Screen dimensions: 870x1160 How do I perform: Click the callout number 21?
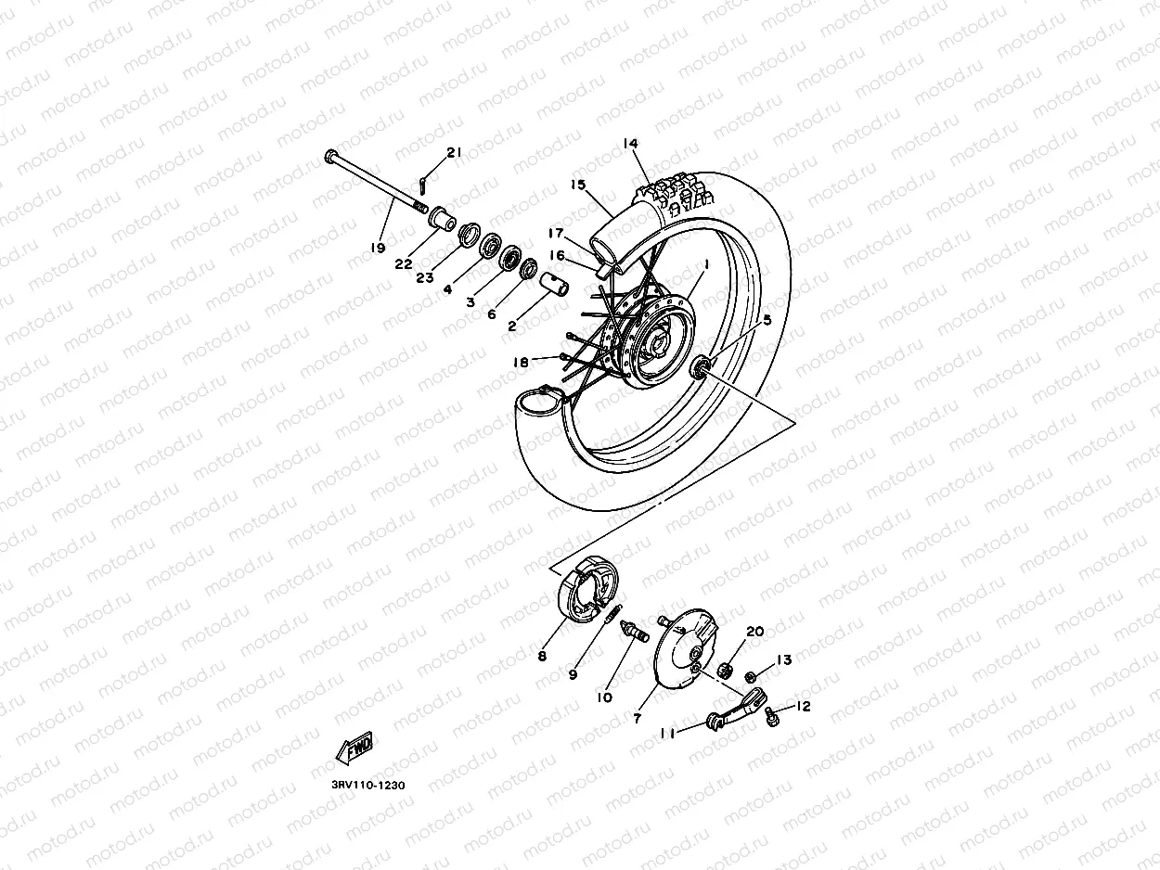(453, 152)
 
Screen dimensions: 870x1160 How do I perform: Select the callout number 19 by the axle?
(378, 248)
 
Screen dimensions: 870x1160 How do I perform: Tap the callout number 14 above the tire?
(631, 144)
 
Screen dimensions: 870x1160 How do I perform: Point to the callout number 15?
(578, 186)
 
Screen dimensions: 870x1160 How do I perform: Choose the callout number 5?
(767, 321)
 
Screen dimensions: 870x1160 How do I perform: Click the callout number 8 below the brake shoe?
(541, 657)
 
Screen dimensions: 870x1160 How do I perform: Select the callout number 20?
(754, 631)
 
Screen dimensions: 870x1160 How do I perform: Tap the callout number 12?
(803, 707)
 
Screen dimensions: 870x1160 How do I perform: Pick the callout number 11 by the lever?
(666, 733)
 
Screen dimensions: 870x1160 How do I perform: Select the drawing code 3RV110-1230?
(367, 785)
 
